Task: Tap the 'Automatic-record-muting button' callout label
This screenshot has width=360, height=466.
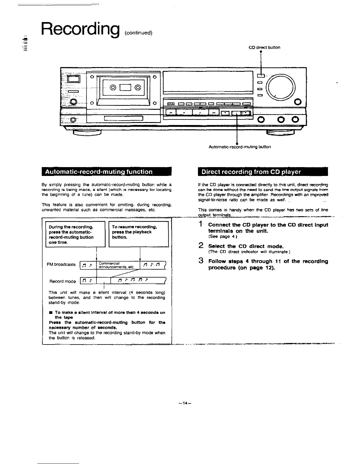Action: [239, 147]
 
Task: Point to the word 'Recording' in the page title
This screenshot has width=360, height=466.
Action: [80, 28]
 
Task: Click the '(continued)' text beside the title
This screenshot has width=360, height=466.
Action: [138, 33]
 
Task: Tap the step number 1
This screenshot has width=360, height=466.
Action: [201, 224]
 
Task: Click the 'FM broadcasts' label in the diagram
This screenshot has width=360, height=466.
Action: [61, 264]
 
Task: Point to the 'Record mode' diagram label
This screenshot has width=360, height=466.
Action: [63, 281]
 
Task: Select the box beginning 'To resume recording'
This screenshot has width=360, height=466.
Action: [139, 234]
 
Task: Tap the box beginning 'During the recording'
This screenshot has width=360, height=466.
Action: [75, 234]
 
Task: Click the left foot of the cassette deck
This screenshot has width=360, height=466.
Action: [87, 132]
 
